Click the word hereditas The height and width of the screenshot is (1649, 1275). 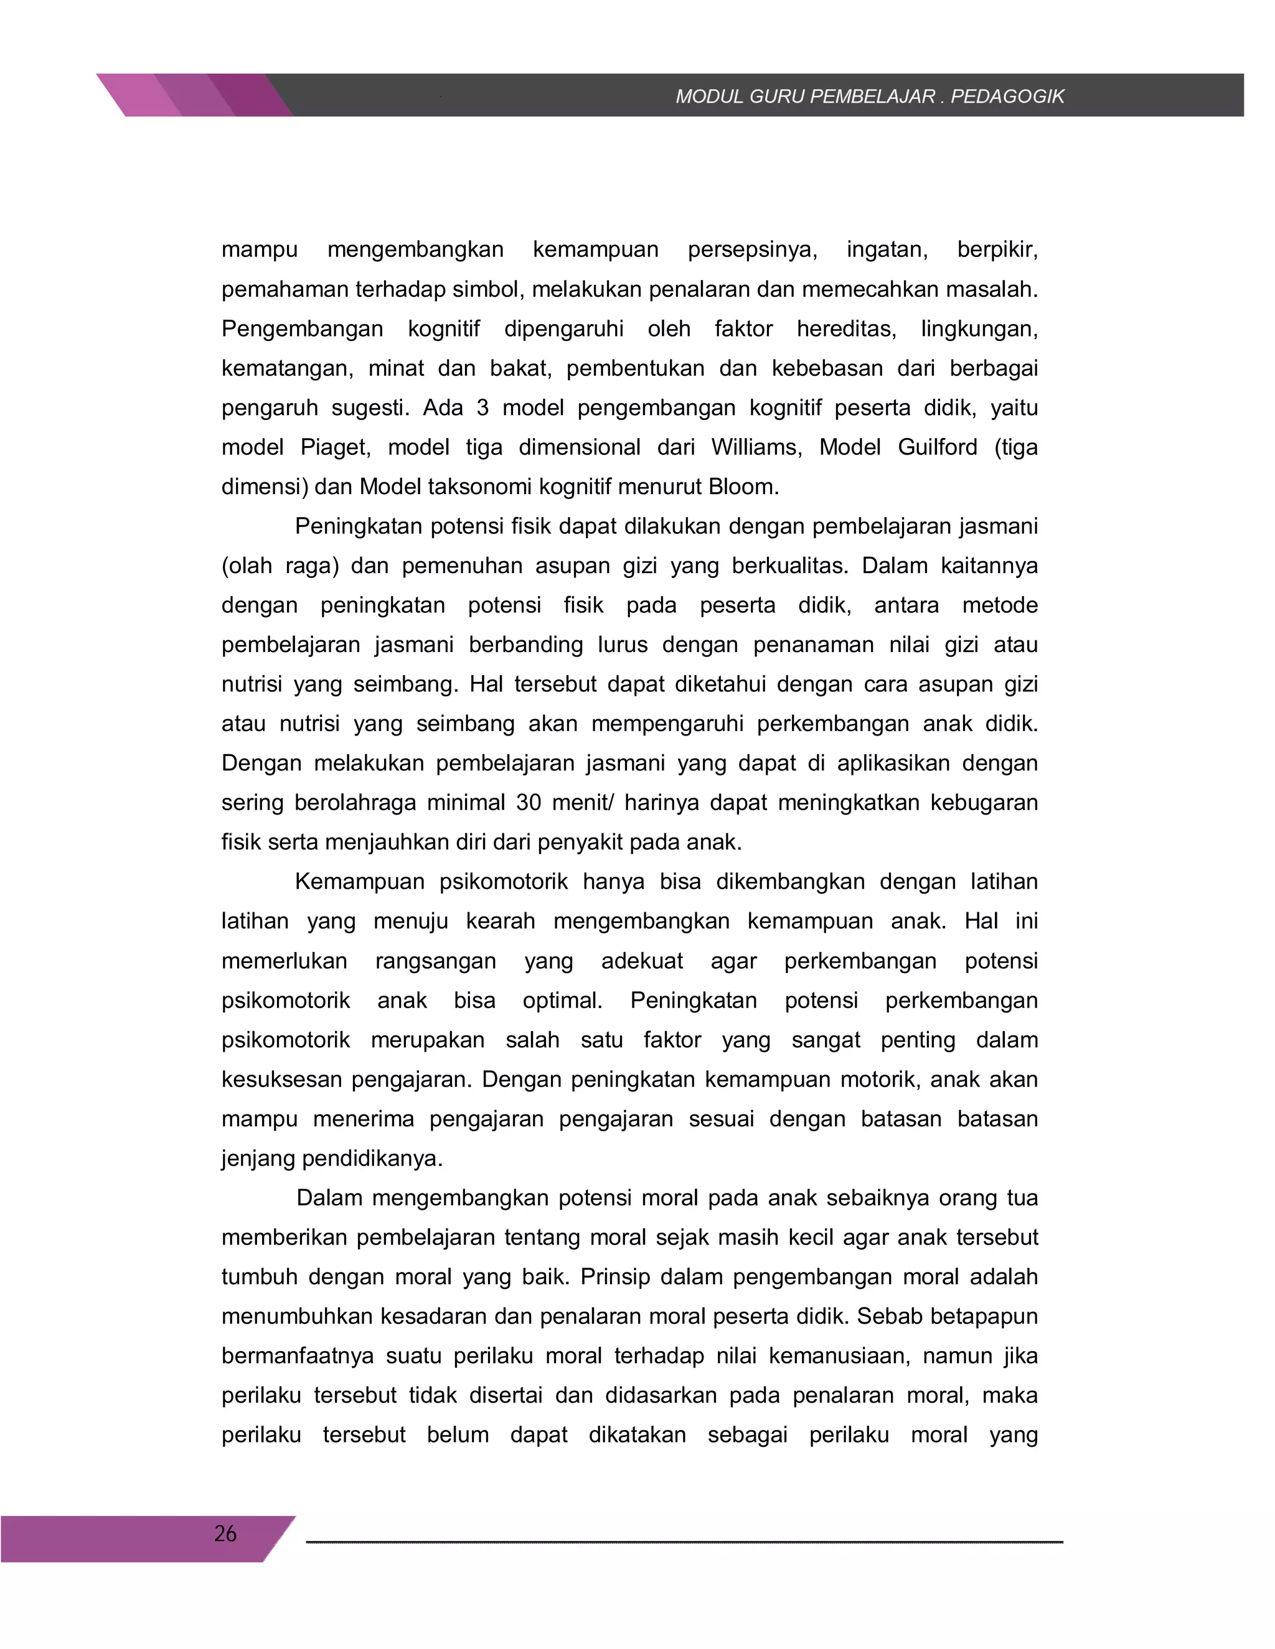click(846, 329)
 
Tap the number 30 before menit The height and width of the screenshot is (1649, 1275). click(529, 802)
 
